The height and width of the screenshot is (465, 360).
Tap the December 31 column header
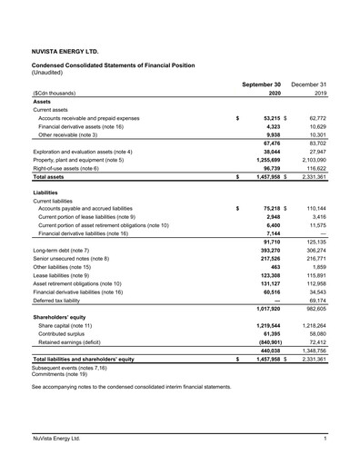(x=311, y=84)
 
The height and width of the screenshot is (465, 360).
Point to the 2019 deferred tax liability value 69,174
(x=315, y=301)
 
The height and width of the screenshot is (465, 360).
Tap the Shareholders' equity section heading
(x=67, y=318)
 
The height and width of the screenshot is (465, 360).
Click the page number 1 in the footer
(x=325, y=440)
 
